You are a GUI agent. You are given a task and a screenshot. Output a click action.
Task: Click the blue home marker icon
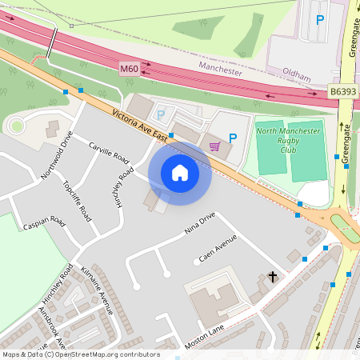click(x=180, y=173)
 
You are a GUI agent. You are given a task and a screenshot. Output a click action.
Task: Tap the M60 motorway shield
click(x=130, y=70)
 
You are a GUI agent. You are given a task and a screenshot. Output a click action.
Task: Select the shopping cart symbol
click(x=214, y=146)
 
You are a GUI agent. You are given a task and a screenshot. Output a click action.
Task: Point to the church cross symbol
click(x=272, y=277)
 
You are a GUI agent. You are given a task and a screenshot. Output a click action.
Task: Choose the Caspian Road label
click(x=44, y=220)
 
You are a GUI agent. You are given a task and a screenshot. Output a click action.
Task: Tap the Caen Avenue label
click(x=218, y=249)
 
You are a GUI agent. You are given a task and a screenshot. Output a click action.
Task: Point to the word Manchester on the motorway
click(x=220, y=70)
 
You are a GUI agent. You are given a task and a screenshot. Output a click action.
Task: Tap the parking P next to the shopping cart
click(x=233, y=138)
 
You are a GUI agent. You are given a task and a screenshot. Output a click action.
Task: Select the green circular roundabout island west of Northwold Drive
click(x=16, y=125)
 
